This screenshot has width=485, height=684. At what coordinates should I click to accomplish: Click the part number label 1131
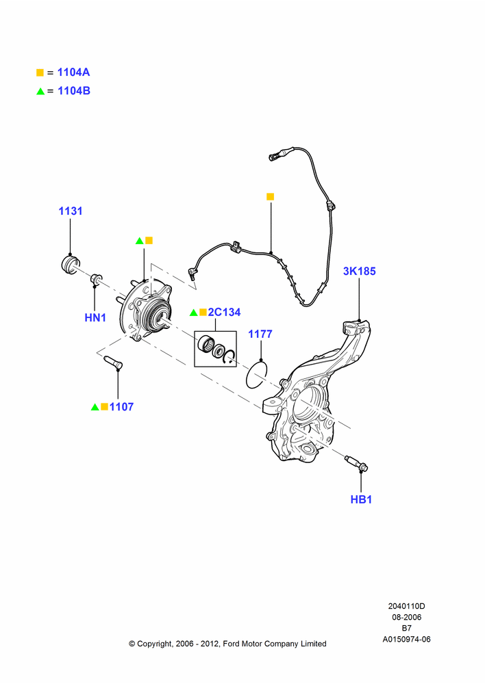(71, 211)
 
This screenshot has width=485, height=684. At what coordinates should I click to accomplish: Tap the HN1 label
(95, 317)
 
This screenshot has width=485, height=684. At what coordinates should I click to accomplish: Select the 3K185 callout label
(359, 272)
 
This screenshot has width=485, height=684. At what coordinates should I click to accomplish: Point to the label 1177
(260, 334)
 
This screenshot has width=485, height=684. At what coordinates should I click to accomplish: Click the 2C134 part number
(224, 313)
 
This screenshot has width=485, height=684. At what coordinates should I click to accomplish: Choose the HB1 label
(361, 499)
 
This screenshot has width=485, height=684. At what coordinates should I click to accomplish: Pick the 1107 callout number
(121, 407)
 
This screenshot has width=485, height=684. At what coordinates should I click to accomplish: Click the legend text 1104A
(73, 73)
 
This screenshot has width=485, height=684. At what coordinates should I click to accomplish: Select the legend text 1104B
(74, 91)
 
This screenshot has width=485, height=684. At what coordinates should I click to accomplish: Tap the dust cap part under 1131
(70, 265)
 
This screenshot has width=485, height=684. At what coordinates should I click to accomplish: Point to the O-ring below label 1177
(256, 374)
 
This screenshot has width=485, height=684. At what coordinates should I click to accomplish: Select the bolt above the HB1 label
(356, 464)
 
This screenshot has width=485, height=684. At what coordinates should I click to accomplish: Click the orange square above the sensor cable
(270, 197)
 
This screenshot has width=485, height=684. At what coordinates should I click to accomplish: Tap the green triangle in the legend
(40, 91)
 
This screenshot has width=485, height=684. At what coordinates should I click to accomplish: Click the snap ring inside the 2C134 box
(229, 356)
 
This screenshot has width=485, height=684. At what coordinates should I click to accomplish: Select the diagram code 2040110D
(406, 606)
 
